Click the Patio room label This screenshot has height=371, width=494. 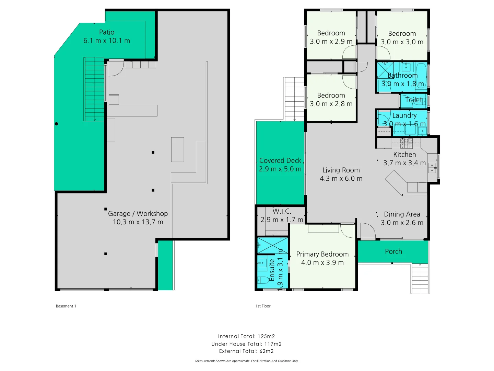[x=107, y=32]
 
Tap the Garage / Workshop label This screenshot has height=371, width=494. [x=138, y=214]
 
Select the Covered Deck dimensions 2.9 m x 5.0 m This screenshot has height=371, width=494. [x=280, y=169]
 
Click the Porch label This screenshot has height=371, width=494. [x=393, y=251]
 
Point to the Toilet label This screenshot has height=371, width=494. [x=414, y=100]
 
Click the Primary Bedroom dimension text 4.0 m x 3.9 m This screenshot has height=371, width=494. [x=322, y=263]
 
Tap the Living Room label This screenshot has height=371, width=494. [x=341, y=170]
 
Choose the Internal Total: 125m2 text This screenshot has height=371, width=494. [x=246, y=336]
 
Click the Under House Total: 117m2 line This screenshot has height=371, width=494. [x=246, y=344]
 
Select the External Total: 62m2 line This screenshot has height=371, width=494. [x=246, y=351]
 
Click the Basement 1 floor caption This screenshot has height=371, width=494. [x=66, y=306]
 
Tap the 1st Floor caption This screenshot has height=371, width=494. [x=263, y=306]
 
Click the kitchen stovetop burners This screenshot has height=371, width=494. [x=406, y=143]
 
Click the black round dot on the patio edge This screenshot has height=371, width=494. [x=57, y=124]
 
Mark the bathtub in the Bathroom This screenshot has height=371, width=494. [x=421, y=77]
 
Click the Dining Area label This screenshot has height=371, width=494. [x=402, y=214]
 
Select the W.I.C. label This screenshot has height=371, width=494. [x=282, y=211]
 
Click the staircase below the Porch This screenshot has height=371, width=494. [x=420, y=278]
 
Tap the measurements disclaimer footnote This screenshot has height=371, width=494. [x=247, y=361]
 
